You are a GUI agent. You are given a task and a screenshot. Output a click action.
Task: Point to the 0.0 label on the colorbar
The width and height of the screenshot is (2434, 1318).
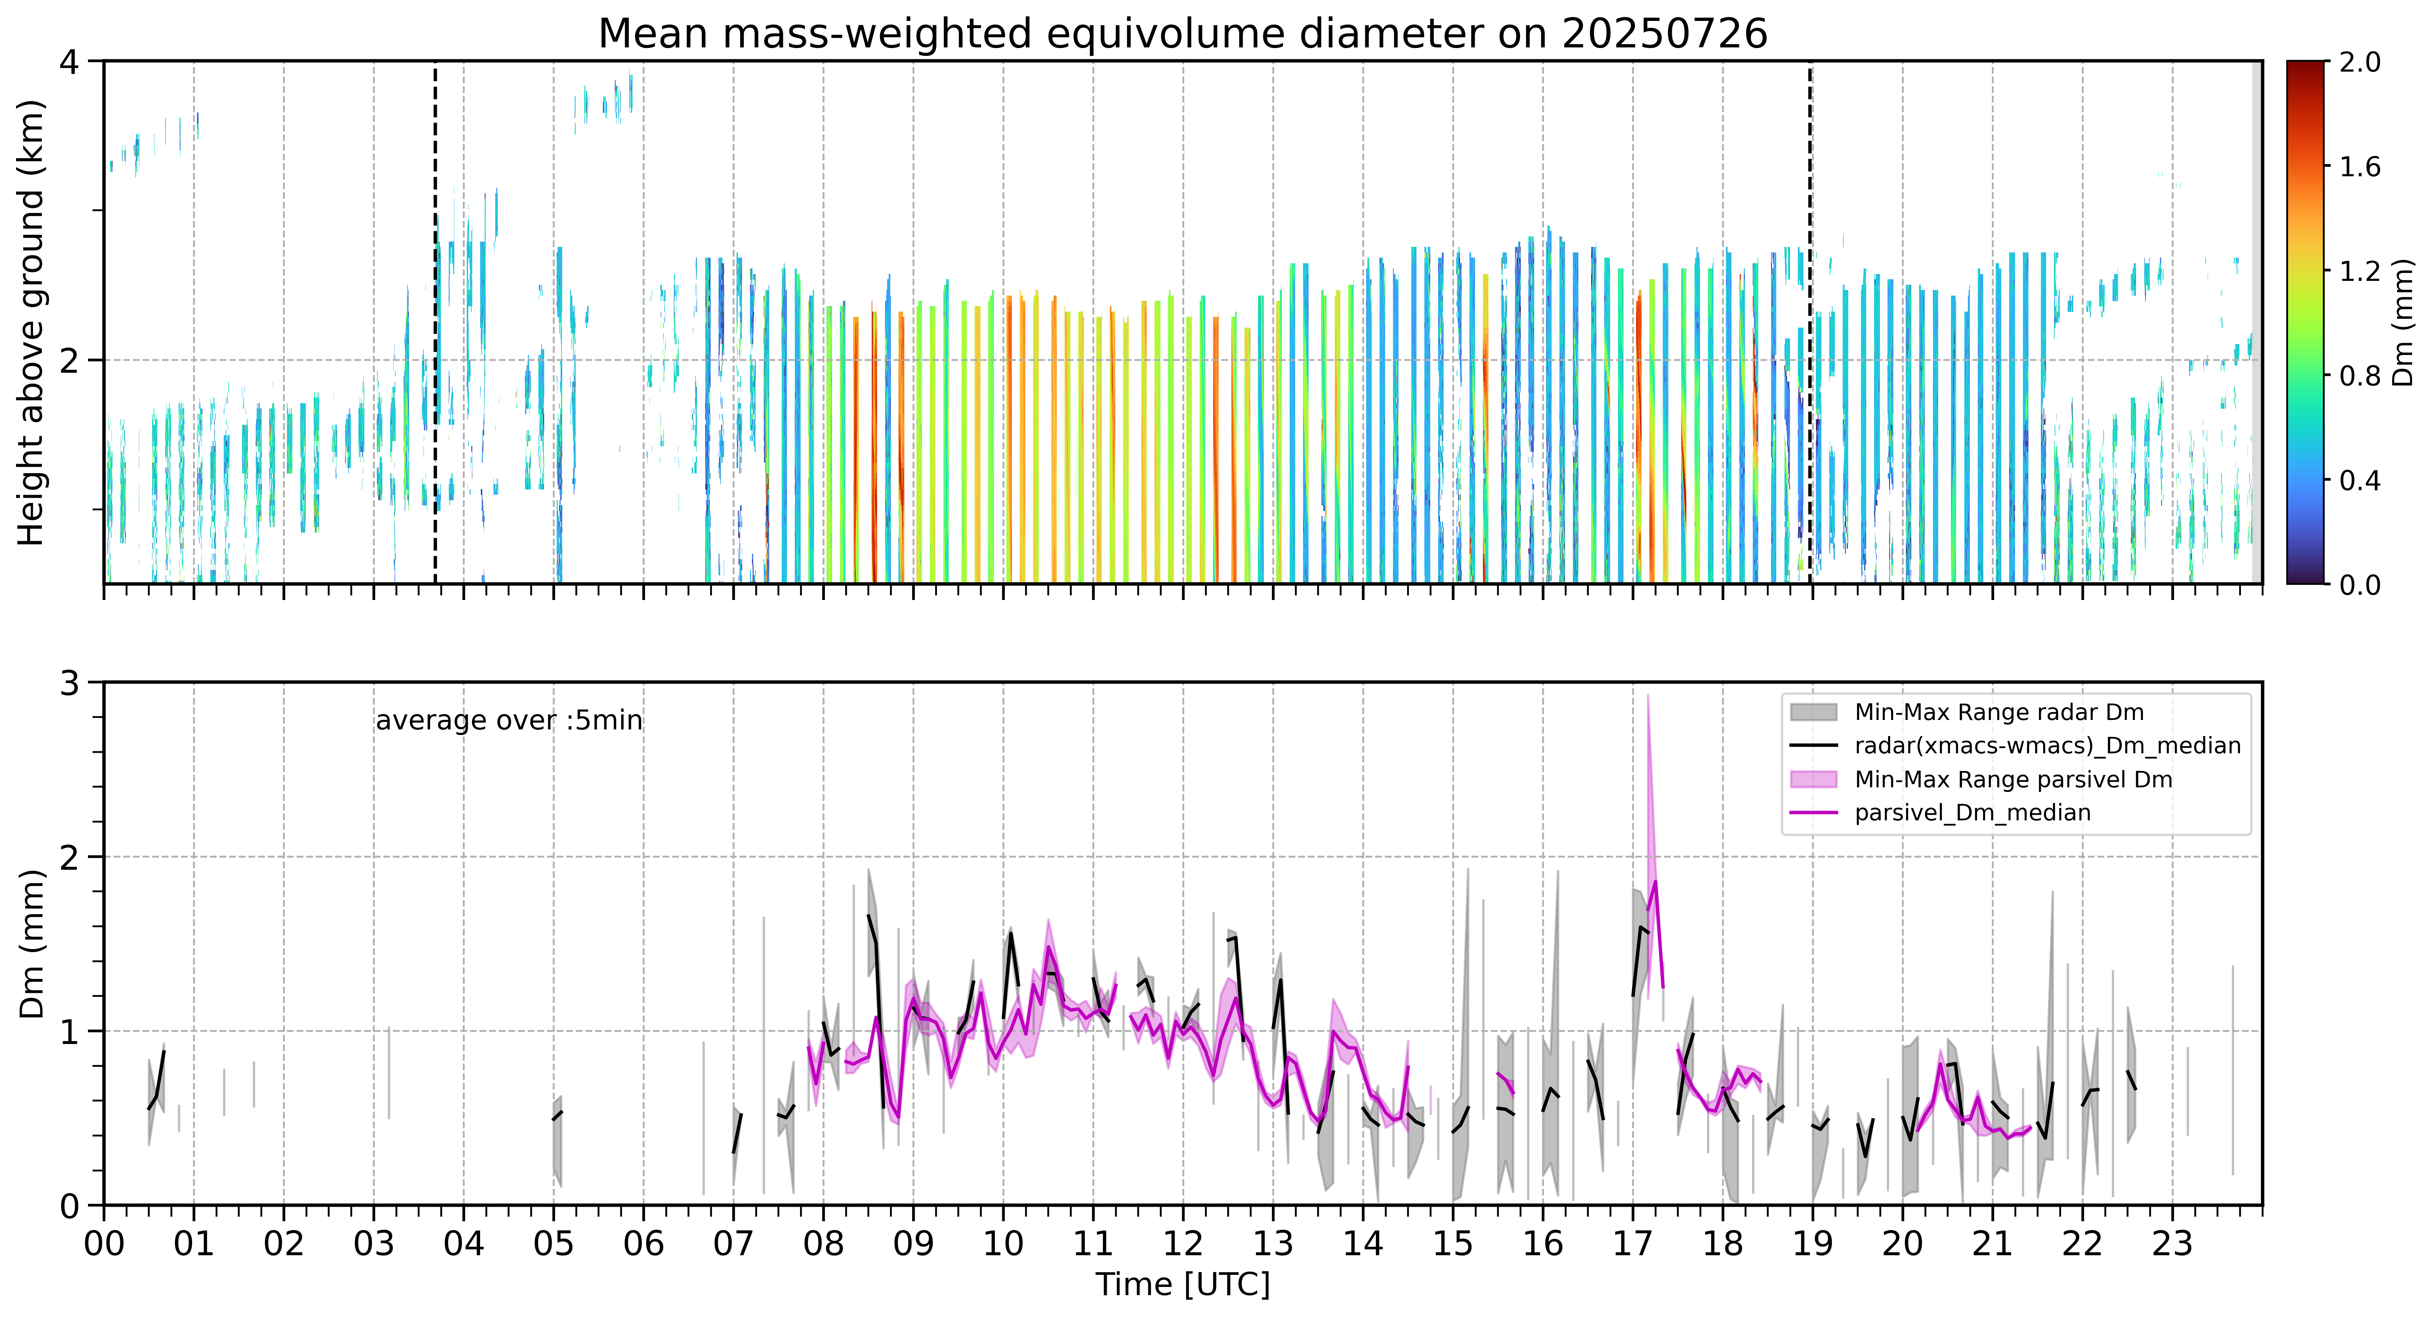[2359, 585]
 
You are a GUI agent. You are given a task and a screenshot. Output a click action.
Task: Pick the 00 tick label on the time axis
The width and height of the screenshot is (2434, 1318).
[104, 1243]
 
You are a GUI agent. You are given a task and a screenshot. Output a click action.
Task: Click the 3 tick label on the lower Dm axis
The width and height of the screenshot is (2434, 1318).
[69, 683]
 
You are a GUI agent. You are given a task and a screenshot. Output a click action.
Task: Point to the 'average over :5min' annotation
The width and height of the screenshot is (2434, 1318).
[508, 721]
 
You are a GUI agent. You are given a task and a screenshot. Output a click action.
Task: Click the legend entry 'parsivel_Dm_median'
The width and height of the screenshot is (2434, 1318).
[1972, 813]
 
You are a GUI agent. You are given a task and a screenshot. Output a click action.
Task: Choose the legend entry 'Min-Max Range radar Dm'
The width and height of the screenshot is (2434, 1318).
[1998, 712]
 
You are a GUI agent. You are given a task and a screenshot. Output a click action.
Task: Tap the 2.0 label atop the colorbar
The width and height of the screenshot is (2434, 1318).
[2359, 62]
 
